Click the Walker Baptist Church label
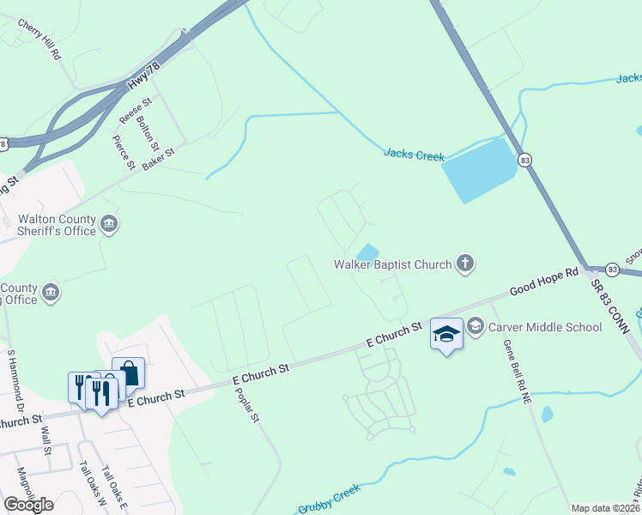pyautogui.click(x=392, y=264)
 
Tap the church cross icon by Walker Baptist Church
pyautogui.click(x=465, y=263)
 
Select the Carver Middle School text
pyautogui.click(x=545, y=327)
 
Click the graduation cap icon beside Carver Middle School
pyautogui.click(x=475, y=327)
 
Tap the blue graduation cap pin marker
pyautogui.click(x=446, y=333)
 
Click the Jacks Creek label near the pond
pyautogui.click(x=414, y=155)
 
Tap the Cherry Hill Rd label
pyautogui.click(x=39, y=40)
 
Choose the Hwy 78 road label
pyautogui.click(x=143, y=79)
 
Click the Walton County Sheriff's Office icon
pyautogui.click(x=109, y=225)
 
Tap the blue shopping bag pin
pyautogui.click(x=128, y=373)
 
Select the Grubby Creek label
pyautogui.click(x=329, y=498)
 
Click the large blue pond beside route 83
pyautogui.click(x=479, y=169)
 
